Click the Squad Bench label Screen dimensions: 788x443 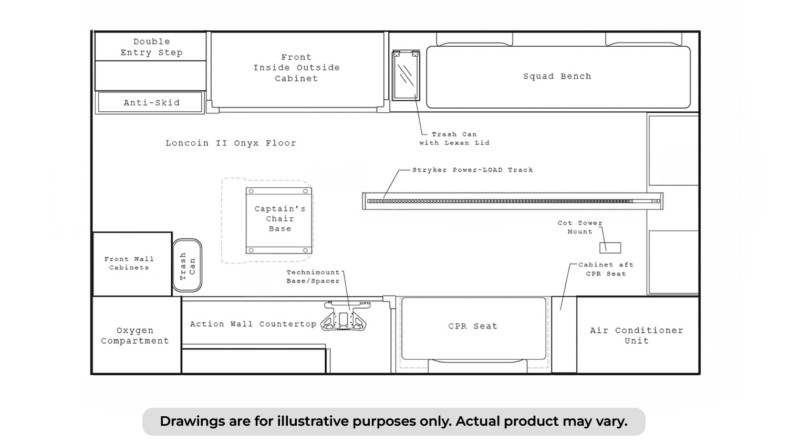(x=557, y=76)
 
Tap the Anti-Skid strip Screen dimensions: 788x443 (x=150, y=102)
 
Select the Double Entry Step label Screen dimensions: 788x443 (x=152, y=47)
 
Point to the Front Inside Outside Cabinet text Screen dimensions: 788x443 (x=297, y=68)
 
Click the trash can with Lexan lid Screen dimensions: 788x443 (x=406, y=75)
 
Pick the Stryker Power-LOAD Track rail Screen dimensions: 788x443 (x=513, y=201)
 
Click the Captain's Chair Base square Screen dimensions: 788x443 (x=279, y=220)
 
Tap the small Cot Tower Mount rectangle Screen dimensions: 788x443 (x=610, y=248)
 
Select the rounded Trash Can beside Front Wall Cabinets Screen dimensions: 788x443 (x=187, y=266)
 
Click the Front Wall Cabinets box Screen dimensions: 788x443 (x=132, y=264)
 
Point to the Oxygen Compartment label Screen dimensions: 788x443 (x=135, y=335)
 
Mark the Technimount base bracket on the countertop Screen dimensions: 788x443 (x=345, y=317)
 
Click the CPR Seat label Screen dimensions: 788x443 (x=473, y=326)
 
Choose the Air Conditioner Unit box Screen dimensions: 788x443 (x=638, y=335)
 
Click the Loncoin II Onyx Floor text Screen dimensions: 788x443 (x=231, y=143)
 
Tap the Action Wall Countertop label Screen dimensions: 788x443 (x=253, y=324)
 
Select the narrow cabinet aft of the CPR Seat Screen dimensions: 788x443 (x=564, y=334)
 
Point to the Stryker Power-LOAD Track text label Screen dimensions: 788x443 (x=472, y=170)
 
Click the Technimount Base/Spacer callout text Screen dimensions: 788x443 (x=313, y=277)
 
